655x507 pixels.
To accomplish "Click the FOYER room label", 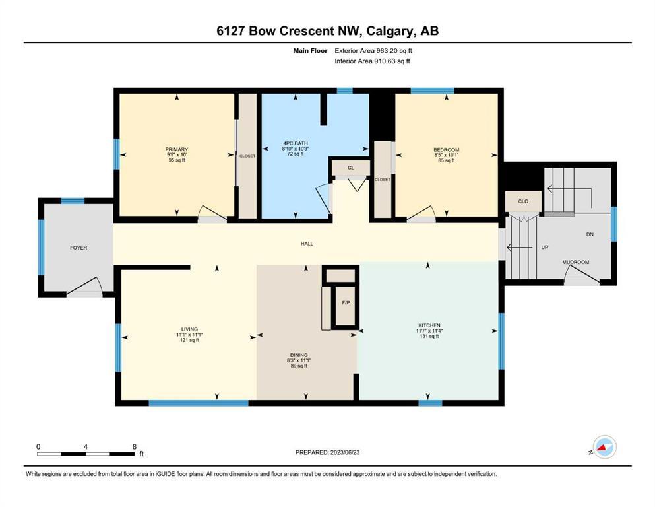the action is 78,248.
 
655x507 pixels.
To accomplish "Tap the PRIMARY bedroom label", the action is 177,149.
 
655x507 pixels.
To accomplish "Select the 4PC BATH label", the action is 296,143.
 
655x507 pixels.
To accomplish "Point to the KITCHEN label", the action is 429,325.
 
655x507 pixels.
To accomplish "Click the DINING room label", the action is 299,355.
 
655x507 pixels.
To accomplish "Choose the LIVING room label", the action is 190,329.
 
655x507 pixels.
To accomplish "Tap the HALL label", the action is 307,244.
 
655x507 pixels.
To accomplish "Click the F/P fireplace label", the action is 346,302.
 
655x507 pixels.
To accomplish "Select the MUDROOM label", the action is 576,263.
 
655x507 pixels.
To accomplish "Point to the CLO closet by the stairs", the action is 523,201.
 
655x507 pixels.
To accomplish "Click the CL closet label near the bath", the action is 351,168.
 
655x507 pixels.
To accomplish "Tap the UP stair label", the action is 545,248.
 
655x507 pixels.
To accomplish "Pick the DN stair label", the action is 590,234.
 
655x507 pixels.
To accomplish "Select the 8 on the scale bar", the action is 135,446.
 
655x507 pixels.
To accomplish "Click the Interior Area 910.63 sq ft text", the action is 372,61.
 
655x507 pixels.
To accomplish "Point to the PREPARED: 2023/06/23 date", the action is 327,452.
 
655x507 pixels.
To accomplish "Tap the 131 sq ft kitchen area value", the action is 429,336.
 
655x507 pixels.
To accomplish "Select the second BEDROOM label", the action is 447,150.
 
